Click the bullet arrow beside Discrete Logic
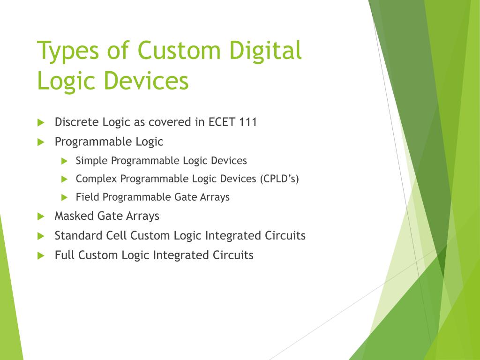tap(41, 122)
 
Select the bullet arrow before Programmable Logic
tap(41, 142)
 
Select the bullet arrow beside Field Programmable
tap(65, 197)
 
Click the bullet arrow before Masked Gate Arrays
tap(41, 216)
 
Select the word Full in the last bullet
tap(65, 255)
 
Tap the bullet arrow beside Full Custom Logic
tap(41, 255)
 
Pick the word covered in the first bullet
tap(170, 122)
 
